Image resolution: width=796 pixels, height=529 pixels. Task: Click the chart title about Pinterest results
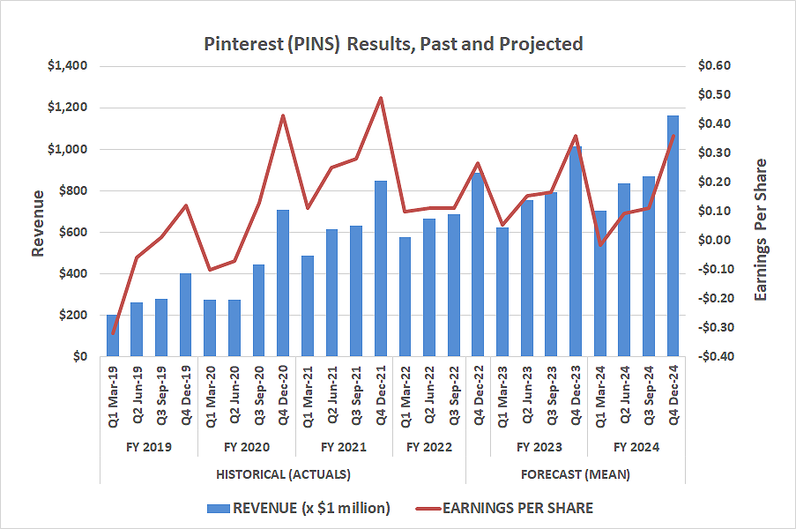click(x=393, y=43)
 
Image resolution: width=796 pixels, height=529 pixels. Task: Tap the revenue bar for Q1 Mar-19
click(x=112, y=336)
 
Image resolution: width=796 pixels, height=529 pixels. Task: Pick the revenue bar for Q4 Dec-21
click(x=380, y=269)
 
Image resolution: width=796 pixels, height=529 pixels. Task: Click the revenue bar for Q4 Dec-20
click(x=283, y=283)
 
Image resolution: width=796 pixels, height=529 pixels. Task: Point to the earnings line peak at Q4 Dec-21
click(x=380, y=98)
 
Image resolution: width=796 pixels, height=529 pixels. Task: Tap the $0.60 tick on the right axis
click(x=714, y=66)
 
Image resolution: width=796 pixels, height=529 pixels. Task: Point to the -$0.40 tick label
click(x=714, y=357)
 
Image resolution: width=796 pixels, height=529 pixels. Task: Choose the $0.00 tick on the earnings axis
click(x=714, y=241)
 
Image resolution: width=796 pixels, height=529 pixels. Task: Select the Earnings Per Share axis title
click(x=761, y=229)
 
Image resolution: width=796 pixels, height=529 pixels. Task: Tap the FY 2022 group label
click(x=428, y=447)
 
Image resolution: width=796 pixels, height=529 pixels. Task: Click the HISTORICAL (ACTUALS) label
click(x=283, y=474)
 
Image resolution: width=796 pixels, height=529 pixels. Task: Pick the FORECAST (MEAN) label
click(x=575, y=474)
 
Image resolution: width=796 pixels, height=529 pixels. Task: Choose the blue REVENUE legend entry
click(x=298, y=507)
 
